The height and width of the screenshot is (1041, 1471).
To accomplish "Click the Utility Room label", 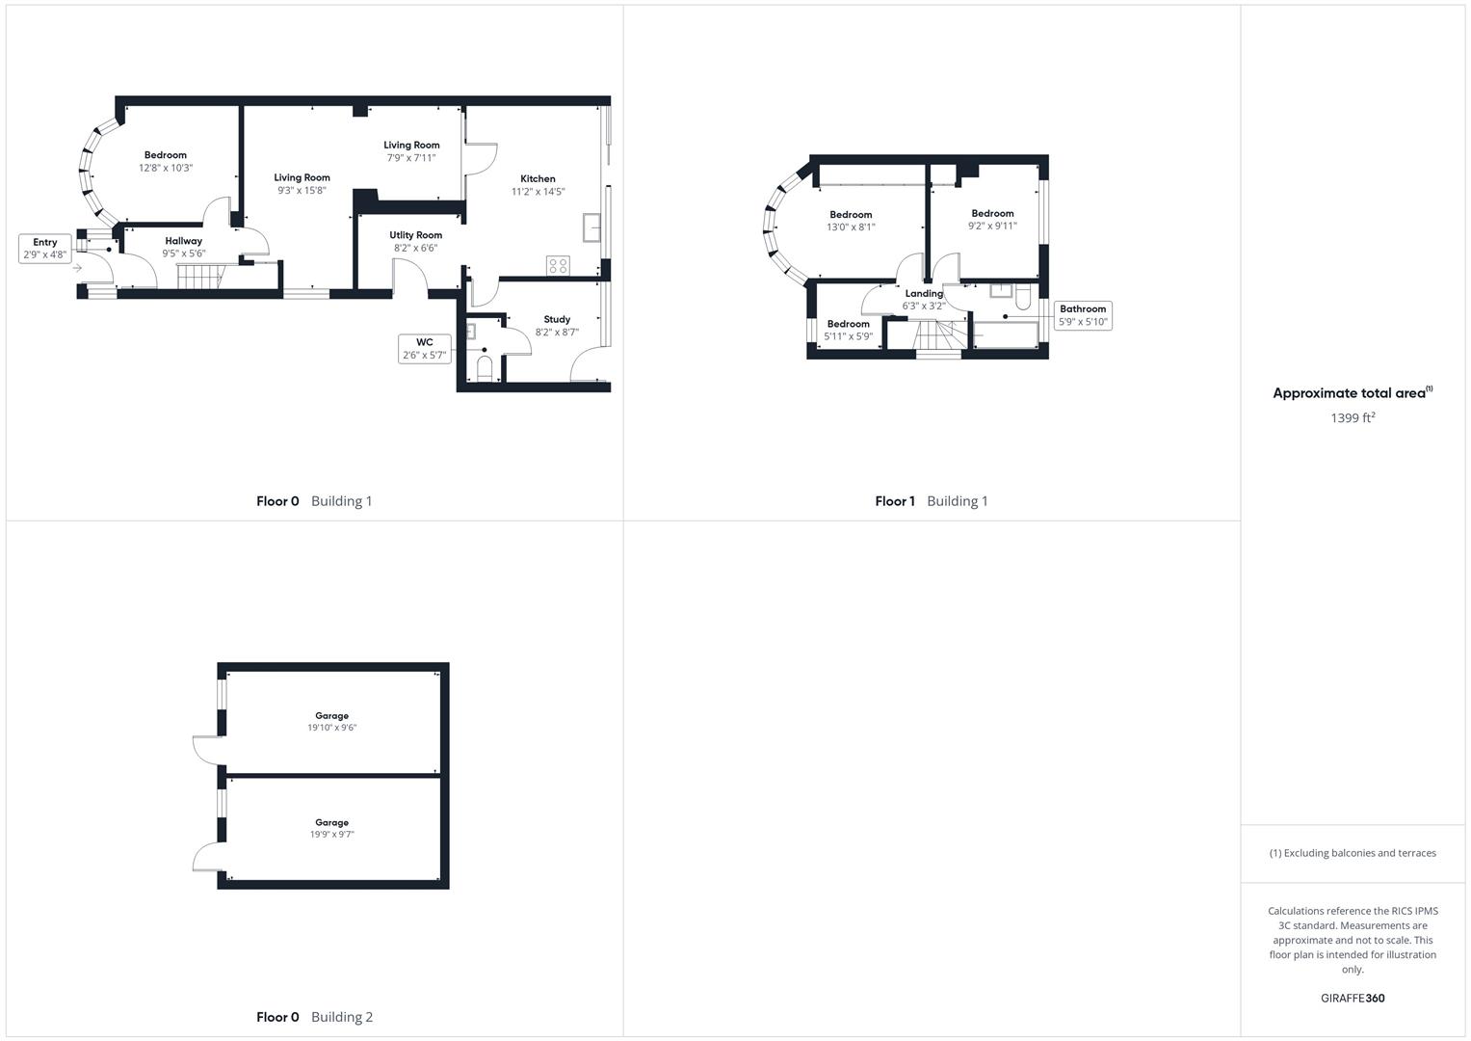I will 416,235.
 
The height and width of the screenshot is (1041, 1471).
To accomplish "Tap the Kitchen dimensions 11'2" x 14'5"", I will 538,192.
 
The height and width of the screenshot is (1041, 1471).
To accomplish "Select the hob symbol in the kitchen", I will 558,265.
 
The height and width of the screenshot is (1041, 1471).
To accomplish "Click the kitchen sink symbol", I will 591,229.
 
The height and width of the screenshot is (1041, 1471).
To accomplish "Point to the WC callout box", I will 425,348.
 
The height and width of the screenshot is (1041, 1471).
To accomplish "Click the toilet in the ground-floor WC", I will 485,368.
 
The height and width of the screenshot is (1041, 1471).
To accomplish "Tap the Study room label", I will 557,319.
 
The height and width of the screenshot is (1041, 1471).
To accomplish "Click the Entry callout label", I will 45,249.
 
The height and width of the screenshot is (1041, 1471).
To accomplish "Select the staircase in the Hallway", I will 199,277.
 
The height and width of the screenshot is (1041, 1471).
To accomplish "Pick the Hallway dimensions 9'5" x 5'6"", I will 183,254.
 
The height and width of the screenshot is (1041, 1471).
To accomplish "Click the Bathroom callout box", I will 1083,315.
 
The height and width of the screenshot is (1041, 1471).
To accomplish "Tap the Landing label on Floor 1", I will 924,294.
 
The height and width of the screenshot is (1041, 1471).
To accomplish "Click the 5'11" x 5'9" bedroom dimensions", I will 848,336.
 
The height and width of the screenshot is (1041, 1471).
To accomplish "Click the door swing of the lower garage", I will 206,856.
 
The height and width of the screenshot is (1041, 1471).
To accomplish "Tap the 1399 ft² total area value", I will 1353,417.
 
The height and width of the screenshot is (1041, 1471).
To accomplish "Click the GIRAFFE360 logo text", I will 1353,998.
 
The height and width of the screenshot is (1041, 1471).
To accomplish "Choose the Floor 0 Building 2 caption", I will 314,1017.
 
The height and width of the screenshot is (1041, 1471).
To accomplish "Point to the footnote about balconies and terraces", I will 1353,853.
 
